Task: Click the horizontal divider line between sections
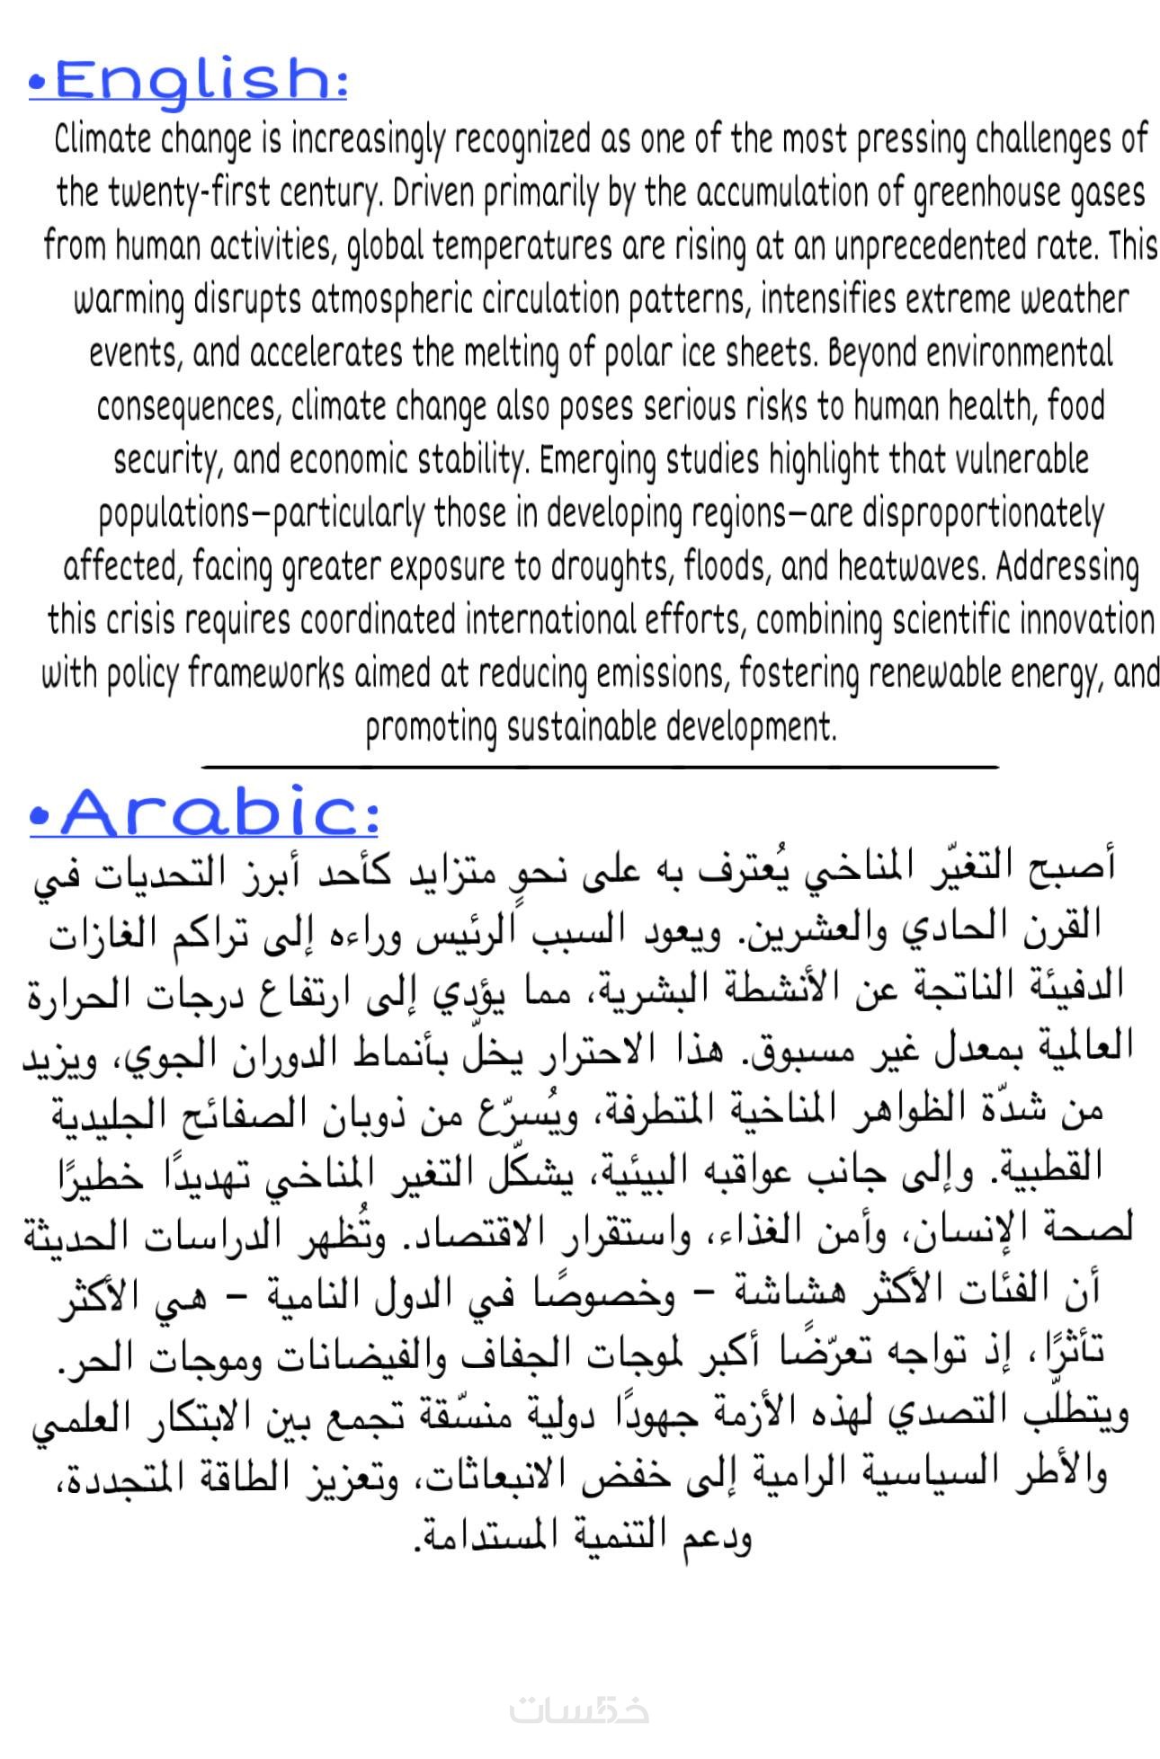coord(601,767)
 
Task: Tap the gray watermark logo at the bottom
coord(580,1709)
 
